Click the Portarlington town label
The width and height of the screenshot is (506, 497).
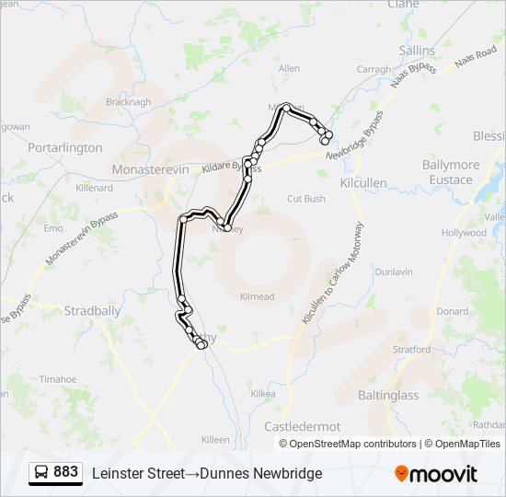(x=64, y=147)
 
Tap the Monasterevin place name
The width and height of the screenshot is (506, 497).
(x=149, y=170)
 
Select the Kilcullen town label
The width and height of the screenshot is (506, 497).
(x=363, y=183)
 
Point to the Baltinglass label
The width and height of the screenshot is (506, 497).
(x=387, y=396)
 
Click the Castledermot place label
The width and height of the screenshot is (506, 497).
(x=302, y=427)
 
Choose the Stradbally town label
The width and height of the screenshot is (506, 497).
(x=92, y=311)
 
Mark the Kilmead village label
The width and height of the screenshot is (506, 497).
(x=257, y=296)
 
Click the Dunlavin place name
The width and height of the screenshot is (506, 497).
(x=394, y=272)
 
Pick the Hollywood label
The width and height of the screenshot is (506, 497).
(x=463, y=233)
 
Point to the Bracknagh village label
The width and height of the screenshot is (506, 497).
(x=128, y=102)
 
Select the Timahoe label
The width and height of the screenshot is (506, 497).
(x=58, y=379)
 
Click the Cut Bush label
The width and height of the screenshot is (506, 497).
(x=306, y=199)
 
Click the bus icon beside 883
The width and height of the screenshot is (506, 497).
(x=41, y=473)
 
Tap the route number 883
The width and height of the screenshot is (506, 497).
(x=65, y=472)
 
